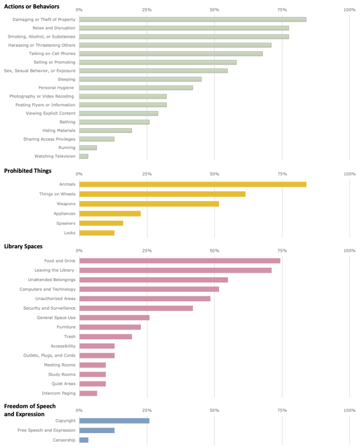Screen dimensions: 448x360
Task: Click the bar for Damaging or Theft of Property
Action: click(192, 19)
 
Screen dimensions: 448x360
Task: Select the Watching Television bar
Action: click(83, 156)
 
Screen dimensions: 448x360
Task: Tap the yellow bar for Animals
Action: click(192, 184)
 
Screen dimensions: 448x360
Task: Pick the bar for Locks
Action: click(96, 233)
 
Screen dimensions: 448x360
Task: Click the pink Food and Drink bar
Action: click(179, 261)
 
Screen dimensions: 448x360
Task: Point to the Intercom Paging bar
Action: click(88, 393)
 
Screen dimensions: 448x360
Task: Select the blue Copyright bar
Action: click(114, 421)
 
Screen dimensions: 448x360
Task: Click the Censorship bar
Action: click(83, 440)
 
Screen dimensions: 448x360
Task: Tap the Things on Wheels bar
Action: click(162, 194)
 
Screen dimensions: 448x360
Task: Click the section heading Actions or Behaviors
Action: click(31, 6)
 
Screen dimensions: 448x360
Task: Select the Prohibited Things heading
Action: click(27, 171)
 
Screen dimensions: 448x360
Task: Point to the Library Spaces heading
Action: click(23, 246)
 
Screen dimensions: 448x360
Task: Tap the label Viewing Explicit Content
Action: click(50, 113)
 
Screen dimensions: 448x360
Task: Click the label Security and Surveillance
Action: click(49, 308)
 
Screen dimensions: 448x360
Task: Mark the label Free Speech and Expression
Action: click(46, 430)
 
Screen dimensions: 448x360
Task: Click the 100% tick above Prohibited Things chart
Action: click(349, 174)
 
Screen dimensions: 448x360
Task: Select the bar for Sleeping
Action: click(140, 79)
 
